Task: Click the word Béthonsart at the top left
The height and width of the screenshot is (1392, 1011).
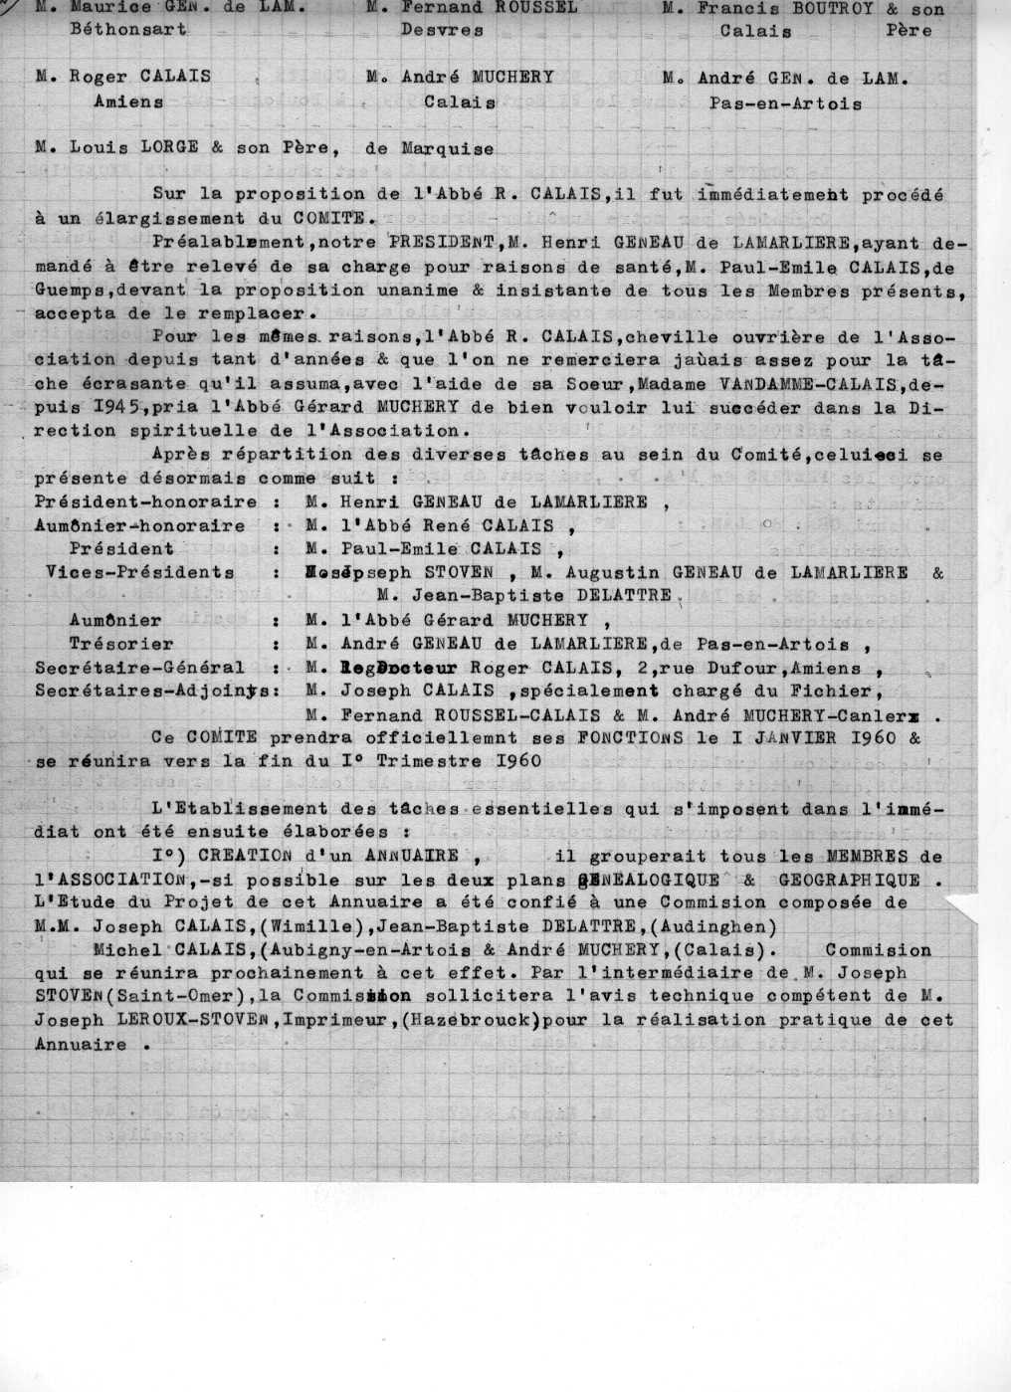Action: click(x=127, y=29)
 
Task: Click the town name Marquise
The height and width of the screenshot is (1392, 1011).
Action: click(x=447, y=148)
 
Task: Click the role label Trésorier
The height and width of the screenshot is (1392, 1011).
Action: click(x=121, y=644)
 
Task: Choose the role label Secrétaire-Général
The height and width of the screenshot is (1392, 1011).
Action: click(x=139, y=667)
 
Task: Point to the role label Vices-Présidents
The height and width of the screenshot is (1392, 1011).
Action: click(x=140, y=572)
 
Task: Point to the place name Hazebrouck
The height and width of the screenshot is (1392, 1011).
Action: click(x=478, y=1020)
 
